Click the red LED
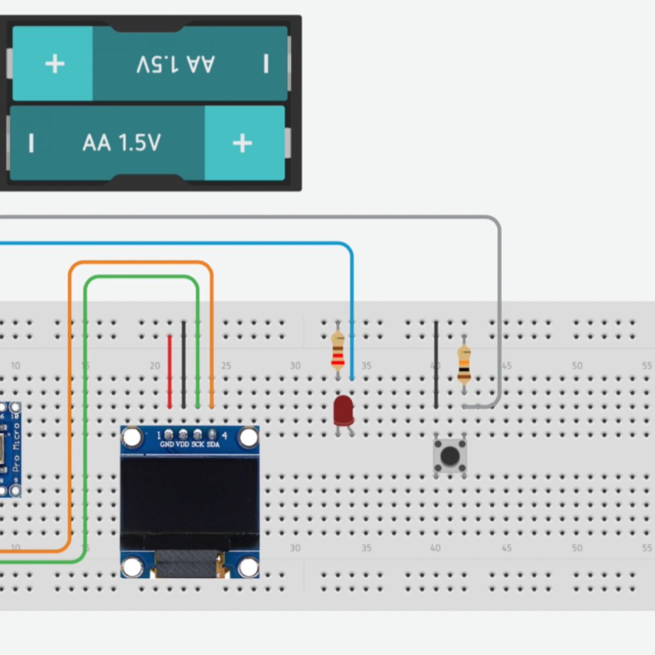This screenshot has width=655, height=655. (x=343, y=410)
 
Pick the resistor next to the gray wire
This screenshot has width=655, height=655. (x=464, y=362)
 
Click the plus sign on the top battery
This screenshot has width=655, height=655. (x=55, y=64)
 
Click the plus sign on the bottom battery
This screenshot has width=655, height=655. (x=242, y=143)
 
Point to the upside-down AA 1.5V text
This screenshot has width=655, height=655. (x=175, y=64)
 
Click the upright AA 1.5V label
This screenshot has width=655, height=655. (x=122, y=143)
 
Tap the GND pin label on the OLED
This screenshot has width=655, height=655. (x=167, y=445)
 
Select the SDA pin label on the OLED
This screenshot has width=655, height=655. (x=213, y=445)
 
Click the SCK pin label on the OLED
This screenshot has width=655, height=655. (x=198, y=445)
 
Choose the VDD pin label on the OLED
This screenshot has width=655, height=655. (x=182, y=445)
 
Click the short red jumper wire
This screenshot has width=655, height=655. (x=170, y=371)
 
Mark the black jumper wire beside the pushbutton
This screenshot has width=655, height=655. (x=436, y=364)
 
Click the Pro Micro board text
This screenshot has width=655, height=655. (x=15, y=448)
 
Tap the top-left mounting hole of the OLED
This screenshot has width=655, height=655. (x=132, y=437)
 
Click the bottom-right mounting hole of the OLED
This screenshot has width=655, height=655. (x=248, y=567)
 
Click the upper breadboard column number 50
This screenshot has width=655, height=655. (x=577, y=366)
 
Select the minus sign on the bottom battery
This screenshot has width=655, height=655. (x=31, y=143)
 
